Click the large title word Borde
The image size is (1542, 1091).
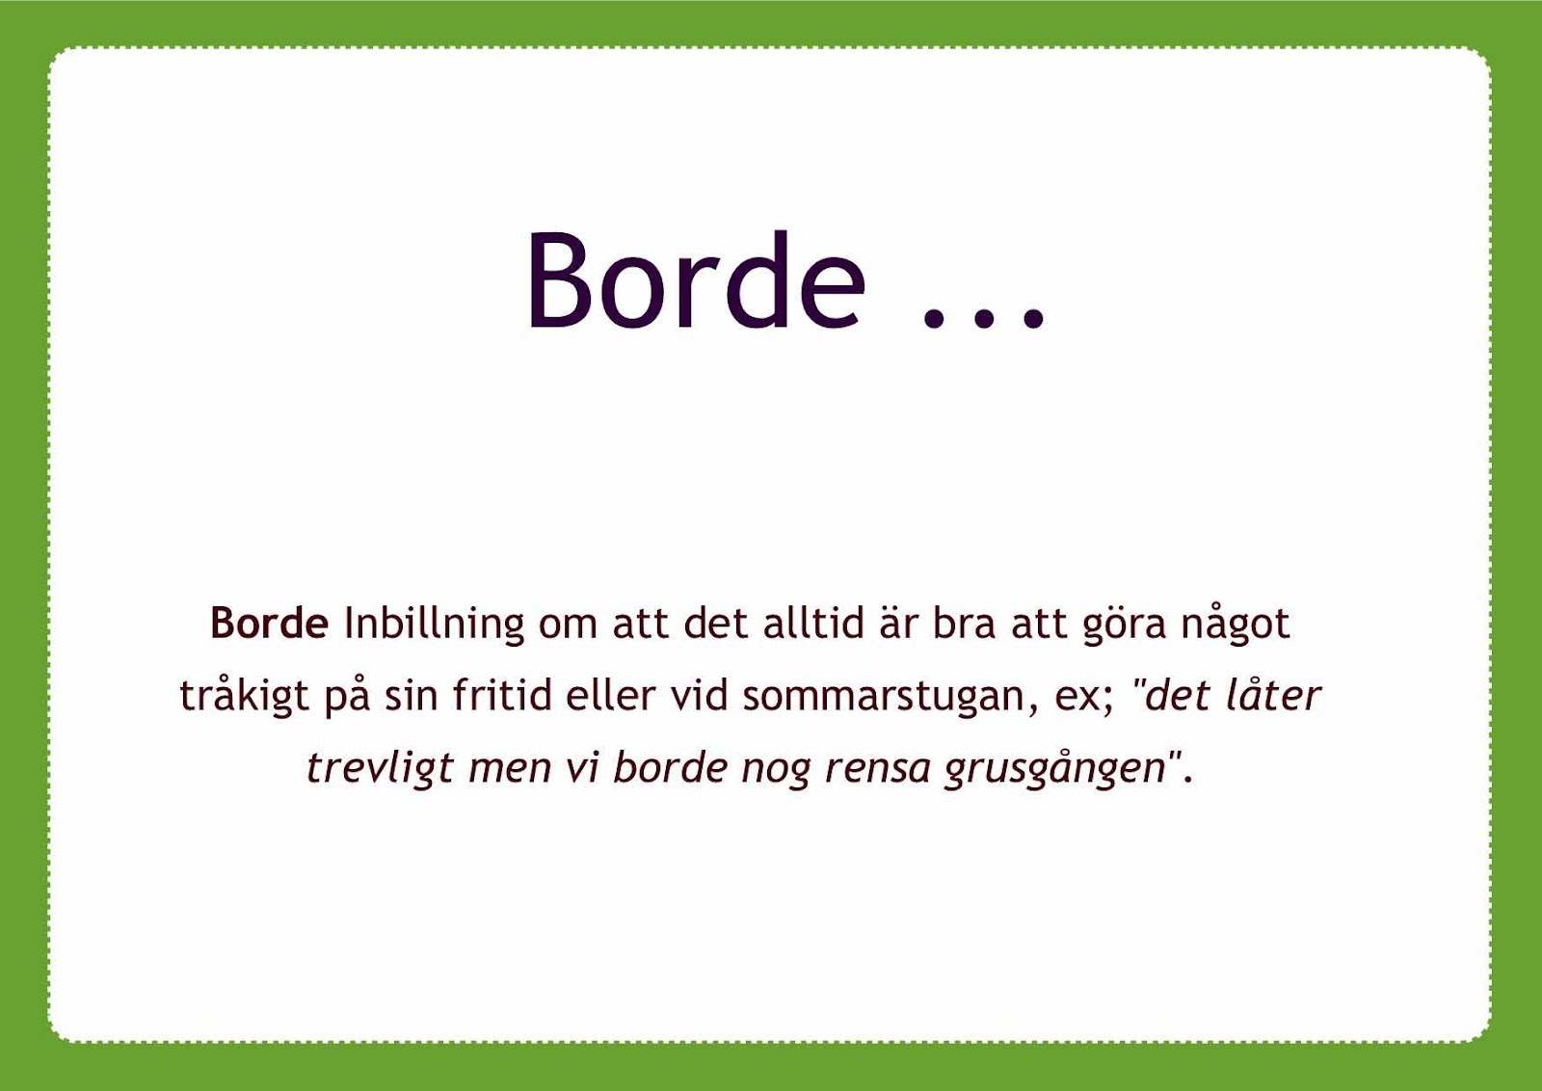(x=696, y=280)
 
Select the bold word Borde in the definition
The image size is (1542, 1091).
(x=269, y=624)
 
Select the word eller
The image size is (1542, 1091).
(x=611, y=694)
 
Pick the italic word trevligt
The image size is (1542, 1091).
(x=380, y=769)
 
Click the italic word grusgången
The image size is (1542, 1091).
(x=1055, y=768)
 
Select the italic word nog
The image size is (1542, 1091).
(x=776, y=772)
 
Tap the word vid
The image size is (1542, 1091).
(x=700, y=694)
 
